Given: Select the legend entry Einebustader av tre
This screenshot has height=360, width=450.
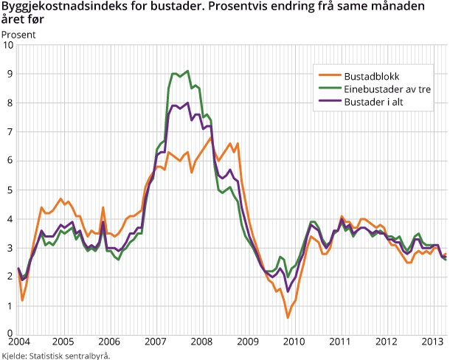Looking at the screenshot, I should click(x=381, y=89).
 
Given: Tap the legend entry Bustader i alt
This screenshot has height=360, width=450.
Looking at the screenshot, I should click(x=373, y=103).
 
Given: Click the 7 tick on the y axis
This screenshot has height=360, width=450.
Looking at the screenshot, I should click(x=10, y=132).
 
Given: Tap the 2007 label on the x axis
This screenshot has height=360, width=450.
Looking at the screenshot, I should click(x=155, y=343).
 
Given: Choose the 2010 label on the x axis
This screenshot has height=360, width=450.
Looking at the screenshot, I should click(x=293, y=343).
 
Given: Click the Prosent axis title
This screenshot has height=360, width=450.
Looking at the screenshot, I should click(x=18, y=34).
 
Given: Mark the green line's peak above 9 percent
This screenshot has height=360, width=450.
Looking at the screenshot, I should click(x=187, y=71).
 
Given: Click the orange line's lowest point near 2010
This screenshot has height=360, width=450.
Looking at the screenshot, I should click(x=288, y=317).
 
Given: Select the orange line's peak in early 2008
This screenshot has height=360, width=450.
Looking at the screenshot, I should click(x=212, y=137).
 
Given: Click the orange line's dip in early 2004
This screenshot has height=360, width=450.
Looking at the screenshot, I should click(x=22, y=300).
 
